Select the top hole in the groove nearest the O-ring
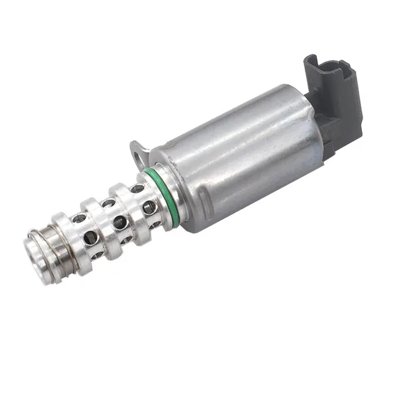137,189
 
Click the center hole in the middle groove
120,222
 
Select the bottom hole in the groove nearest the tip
95,253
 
